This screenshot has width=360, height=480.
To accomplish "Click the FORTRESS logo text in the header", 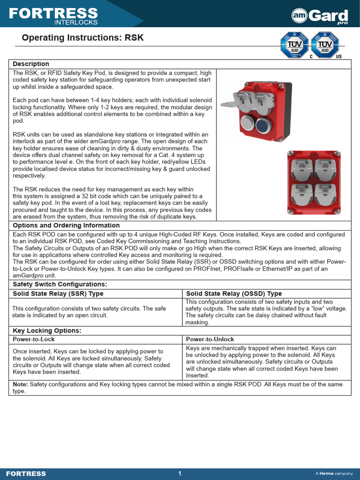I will [53, 14].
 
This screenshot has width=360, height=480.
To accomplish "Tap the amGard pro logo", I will [320, 16].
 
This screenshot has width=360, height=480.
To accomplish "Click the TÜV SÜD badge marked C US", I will [325, 45].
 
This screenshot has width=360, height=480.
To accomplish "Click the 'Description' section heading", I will [31, 64].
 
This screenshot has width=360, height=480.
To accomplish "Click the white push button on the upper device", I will [247, 124].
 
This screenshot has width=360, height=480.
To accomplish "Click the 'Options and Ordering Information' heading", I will [66, 225].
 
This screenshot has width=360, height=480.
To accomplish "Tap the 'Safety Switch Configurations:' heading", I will [60, 285].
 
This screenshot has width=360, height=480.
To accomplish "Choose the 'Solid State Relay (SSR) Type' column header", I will [58, 293].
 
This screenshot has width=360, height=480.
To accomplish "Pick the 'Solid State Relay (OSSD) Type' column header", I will [234, 293].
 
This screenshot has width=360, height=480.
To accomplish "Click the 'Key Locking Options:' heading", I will [47, 330].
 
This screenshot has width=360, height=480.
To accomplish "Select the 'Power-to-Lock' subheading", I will [34, 339].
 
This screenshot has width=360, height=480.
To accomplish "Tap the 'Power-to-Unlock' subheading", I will [210, 339].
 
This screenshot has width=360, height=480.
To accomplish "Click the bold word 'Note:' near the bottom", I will [21, 384].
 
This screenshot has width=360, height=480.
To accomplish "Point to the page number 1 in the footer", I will [180, 473].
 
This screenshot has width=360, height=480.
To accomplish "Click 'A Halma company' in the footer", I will [334, 473].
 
